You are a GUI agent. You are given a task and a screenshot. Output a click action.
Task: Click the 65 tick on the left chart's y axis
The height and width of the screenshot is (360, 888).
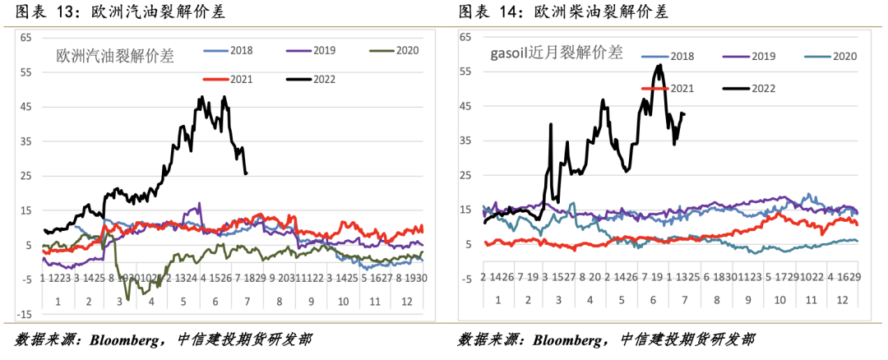25,38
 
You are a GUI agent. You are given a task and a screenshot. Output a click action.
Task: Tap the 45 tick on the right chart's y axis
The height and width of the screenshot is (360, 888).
465,107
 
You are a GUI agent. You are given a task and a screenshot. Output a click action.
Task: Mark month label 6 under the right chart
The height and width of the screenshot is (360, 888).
654,298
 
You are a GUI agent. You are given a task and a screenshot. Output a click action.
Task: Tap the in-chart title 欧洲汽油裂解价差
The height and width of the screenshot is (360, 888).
115,57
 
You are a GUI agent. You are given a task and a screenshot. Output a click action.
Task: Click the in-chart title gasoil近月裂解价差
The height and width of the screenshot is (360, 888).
556,53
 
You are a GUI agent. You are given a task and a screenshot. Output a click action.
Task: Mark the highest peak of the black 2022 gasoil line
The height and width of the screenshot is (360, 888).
659,65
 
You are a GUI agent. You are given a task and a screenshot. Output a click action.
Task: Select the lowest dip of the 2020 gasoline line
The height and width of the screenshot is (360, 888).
127,298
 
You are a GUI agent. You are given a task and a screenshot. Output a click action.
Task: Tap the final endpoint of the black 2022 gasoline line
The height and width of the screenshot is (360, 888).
246,173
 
